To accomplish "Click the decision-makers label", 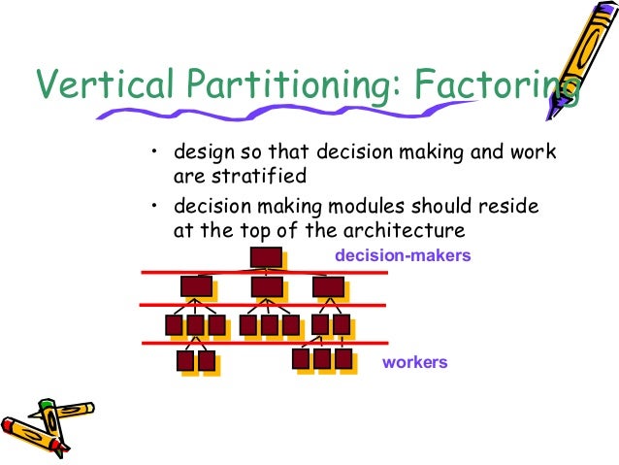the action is pyautogui.click(x=402, y=256).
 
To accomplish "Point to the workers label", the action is pyautogui.click(x=415, y=362).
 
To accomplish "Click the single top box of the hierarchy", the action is pyautogui.click(x=265, y=257).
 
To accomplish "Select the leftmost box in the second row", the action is pyautogui.click(x=196, y=286).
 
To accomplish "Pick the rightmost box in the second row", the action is pyautogui.click(x=328, y=286).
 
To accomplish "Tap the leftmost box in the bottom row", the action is pyautogui.click(x=186, y=361).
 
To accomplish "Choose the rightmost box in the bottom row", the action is pyautogui.click(x=342, y=359).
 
